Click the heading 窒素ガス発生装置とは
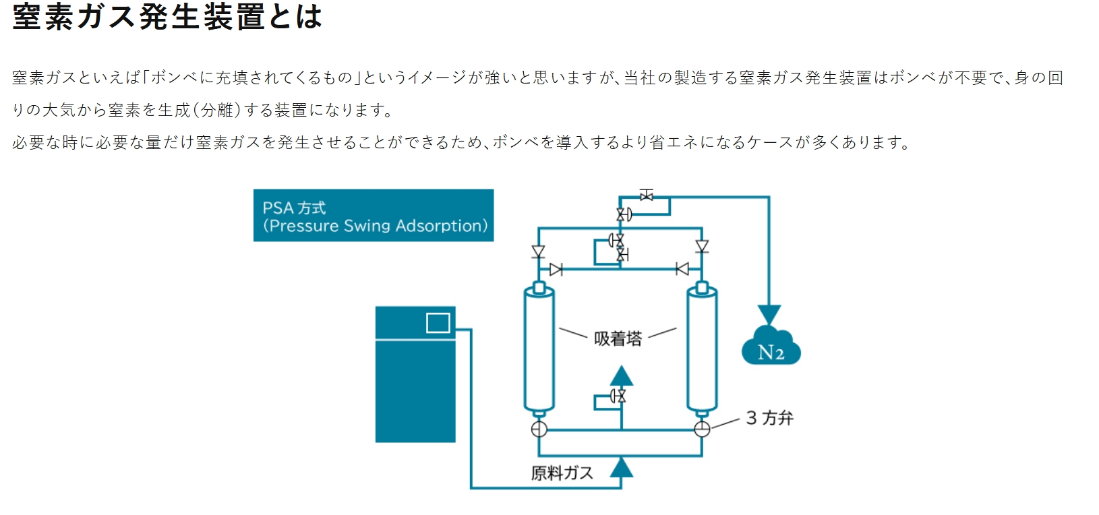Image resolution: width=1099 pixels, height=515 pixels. pyautogui.click(x=167, y=16)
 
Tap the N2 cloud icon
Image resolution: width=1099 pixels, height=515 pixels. pyautogui.click(x=771, y=347)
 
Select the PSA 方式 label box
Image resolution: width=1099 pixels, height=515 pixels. pyautogui.click(x=374, y=216)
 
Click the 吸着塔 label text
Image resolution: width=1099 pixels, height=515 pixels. pyautogui.click(x=618, y=338)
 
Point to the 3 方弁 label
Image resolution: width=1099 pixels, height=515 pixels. pyautogui.click(x=769, y=418)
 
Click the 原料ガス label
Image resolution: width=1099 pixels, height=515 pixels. pyautogui.click(x=562, y=473)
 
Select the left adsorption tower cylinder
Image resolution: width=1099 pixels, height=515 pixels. pyautogui.click(x=539, y=348)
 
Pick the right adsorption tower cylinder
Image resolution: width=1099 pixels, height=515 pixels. pyautogui.click(x=702, y=348)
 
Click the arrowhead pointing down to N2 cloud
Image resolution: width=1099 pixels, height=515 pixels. pyautogui.click(x=769, y=314)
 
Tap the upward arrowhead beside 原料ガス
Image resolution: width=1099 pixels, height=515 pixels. pyautogui.click(x=621, y=466)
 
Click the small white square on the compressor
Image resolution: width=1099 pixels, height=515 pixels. pyautogui.click(x=438, y=324)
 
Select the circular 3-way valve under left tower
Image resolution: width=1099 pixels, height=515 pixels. pyautogui.click(x=539, y=429)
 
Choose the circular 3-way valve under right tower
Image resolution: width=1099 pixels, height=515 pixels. pyautogui.click(x=702, y=429)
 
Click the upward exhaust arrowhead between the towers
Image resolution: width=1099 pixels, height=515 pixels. pyautogui.click(x=621, y=375)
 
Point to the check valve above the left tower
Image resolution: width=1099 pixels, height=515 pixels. pyautogui.click(x=538, y=251)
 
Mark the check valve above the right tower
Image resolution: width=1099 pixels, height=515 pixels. pyautogui.click(x=702, y=246)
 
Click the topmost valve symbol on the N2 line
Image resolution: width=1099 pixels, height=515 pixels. pyautogui.click(x=647, y=195)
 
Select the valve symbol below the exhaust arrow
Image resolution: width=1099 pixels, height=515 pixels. pyautogui.click(x=618, y=396)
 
